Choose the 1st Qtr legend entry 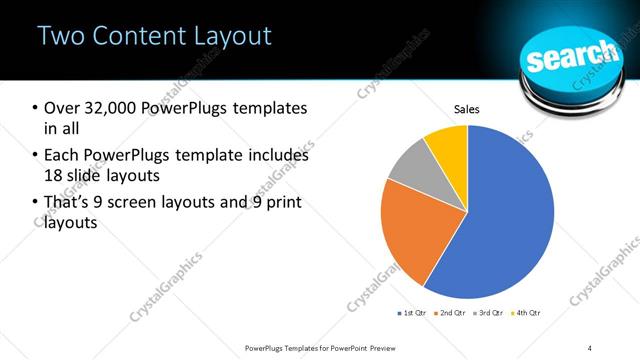pyautogui.click(x=413, y=313)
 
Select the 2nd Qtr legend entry pyautogui.click(x=453, y=313)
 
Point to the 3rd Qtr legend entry pyautogui.click(x=491, y=313)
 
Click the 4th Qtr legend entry pyautogui.click(x=528, y=313)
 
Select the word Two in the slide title pyautogui.click(x=60, y=37)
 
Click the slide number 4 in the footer pyautogui.click(x=590, y=347)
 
